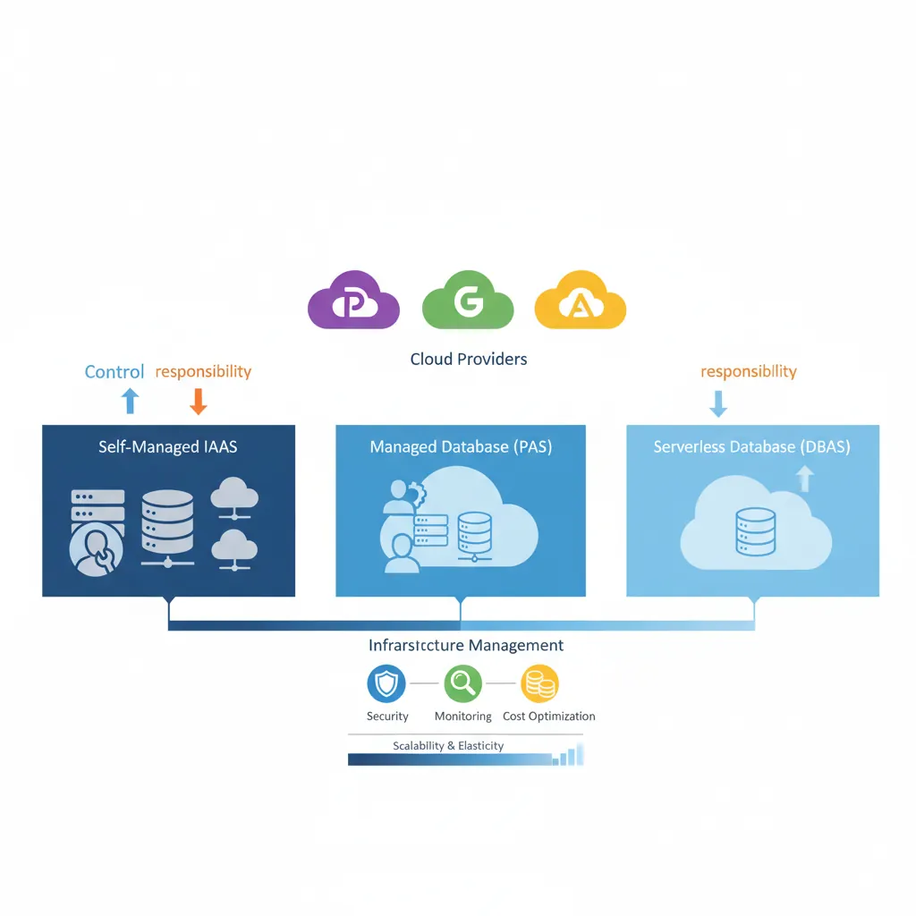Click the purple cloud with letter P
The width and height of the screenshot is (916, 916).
(353, 301)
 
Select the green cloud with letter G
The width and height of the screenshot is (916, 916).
(467, 301)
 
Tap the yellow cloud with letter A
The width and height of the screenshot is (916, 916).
(580, 302)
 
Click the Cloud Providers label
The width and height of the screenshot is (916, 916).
(468, 359)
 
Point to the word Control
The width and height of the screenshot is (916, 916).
(114, 371)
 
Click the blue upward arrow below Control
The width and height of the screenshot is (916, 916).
(131, 401)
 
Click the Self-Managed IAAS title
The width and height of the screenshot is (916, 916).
(168, 445)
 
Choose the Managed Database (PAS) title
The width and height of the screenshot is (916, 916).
(461, 446)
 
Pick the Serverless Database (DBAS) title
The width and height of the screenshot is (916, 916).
(752, 446)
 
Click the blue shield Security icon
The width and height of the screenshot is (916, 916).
(386, 684)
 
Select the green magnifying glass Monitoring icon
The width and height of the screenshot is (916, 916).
(462, 684)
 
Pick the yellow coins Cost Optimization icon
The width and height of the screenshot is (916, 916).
(539, 684)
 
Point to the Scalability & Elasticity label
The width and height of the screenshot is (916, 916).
(448, 745)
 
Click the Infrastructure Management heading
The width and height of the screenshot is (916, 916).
(466, 645)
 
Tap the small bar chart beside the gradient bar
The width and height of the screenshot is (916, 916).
(568, 757)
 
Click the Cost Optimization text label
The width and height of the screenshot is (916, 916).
(548, 716)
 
